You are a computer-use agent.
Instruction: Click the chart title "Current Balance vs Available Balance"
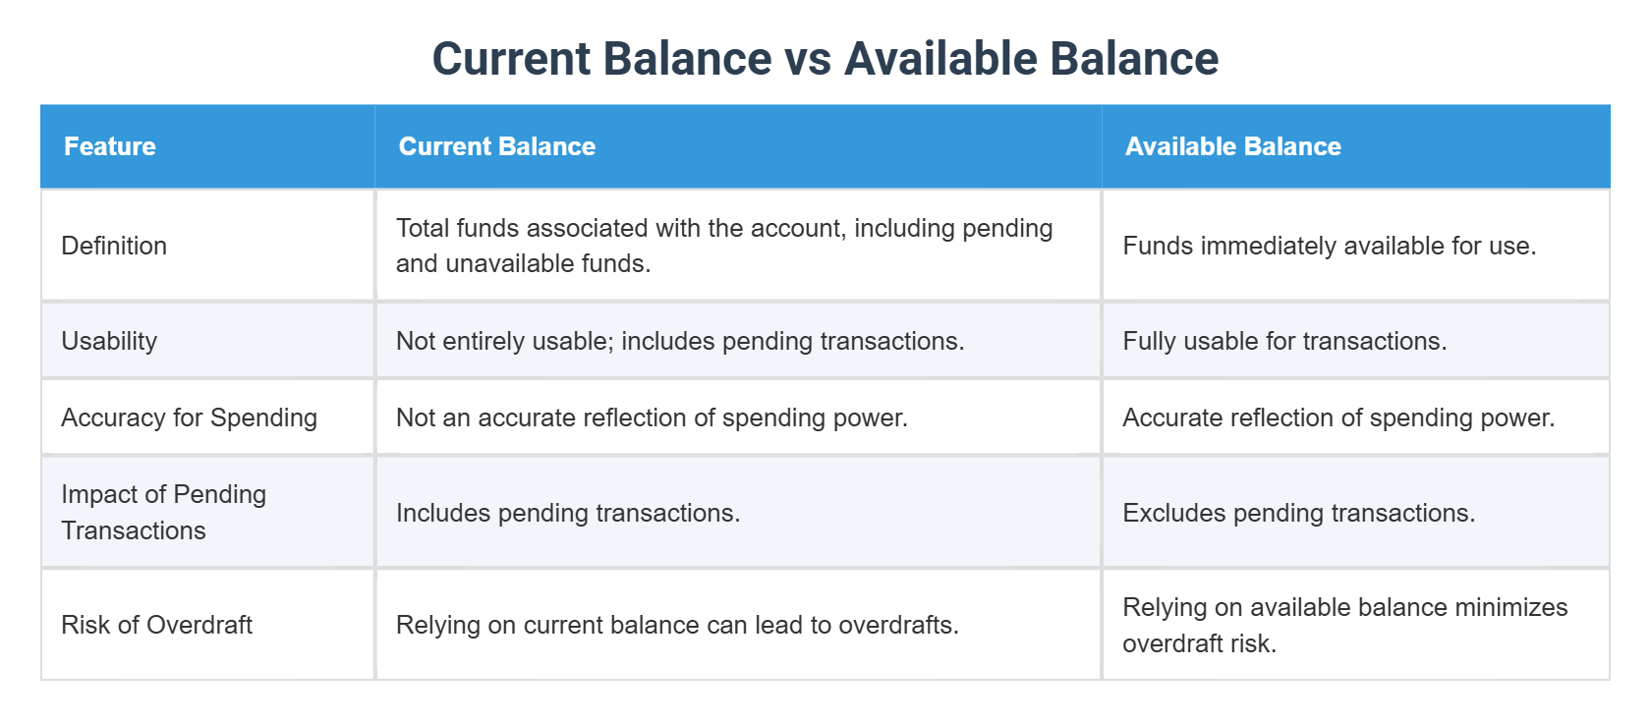coord(825,59)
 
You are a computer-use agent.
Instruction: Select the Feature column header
coord(110,146)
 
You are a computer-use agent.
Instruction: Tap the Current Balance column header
coord(497,146)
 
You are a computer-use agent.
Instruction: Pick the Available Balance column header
coord(1233,146)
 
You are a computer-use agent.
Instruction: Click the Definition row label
coord(114,246)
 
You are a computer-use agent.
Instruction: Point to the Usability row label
coord(109,341)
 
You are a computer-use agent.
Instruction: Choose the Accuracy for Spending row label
coord(189,417)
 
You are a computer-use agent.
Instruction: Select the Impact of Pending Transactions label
coord(163,512)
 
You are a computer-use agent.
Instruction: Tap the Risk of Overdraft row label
coord(157,625)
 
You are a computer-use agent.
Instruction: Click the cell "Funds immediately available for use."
coord(1329,246)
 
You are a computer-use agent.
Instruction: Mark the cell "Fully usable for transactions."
coord(1284,341)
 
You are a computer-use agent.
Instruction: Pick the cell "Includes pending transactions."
coord(568,513)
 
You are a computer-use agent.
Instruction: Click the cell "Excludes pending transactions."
coord(1298,513)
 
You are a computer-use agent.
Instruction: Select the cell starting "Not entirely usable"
coord(680,341)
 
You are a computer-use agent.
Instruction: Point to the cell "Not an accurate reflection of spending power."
coord(652,417)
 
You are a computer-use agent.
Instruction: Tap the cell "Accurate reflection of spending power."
coord(1338,417)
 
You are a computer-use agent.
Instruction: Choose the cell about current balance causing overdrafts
coord(677,625)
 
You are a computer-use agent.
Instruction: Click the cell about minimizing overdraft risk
coord(1344,625)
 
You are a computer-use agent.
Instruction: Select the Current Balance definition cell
coord(724,246)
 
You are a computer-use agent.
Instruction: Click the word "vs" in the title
coord(808,59)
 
